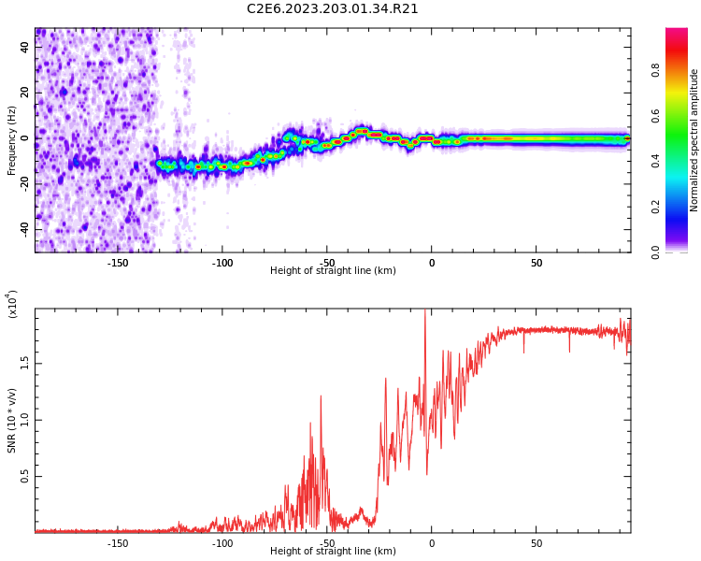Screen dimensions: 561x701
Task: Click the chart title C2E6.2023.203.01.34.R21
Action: point(333,9)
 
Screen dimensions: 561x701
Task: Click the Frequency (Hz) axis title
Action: point(12,140)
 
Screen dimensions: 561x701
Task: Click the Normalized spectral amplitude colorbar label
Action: point(694,140)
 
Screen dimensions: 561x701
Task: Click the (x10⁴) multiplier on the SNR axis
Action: point(12,304)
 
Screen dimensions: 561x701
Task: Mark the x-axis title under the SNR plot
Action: point(333,552)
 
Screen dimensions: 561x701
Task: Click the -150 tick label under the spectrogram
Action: point(118,263)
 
